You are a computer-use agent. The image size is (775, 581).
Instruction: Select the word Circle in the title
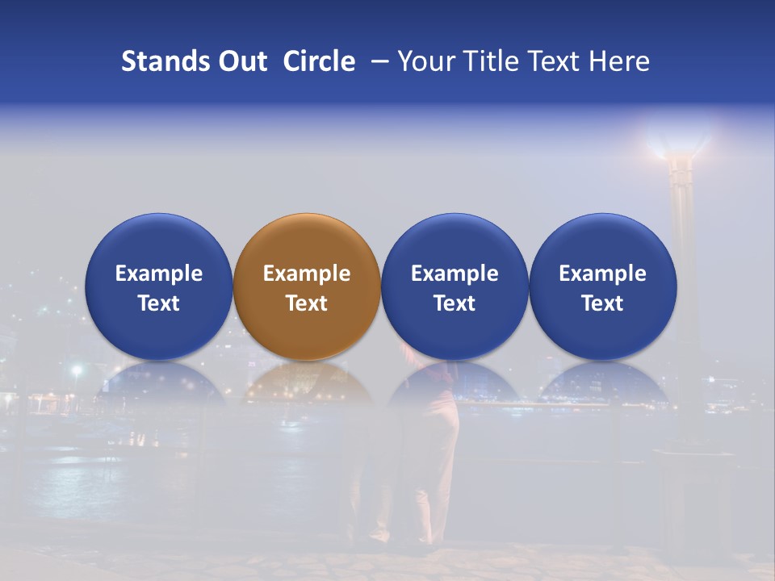pyautogui.click(x=319, y=61)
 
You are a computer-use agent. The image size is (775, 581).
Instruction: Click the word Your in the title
pyautogui.click(x=423, y=61)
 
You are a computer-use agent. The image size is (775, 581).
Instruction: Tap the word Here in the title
pyautogui.click(x=619, y=61)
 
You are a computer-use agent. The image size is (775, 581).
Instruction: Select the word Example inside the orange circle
pyautogui.click(x=307, y=274)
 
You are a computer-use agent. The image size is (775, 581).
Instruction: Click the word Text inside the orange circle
pyautogui.click(x=307, y=303)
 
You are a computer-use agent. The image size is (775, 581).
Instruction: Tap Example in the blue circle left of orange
pyautogui.click(x=159, y=274)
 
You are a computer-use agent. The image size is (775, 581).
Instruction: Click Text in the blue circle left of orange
pyautogui.click(x=159, y=303)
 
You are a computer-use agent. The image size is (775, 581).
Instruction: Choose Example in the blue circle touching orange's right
pyautogui.click(x=455, y=274)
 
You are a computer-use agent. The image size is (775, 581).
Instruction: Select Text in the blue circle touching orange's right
pyautogui.click(x=455, y=303)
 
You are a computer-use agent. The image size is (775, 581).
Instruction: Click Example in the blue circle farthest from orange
pyautogui.click(x=603, y=274)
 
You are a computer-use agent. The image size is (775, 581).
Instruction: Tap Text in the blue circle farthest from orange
pyautogui.click(x=603, y=303)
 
